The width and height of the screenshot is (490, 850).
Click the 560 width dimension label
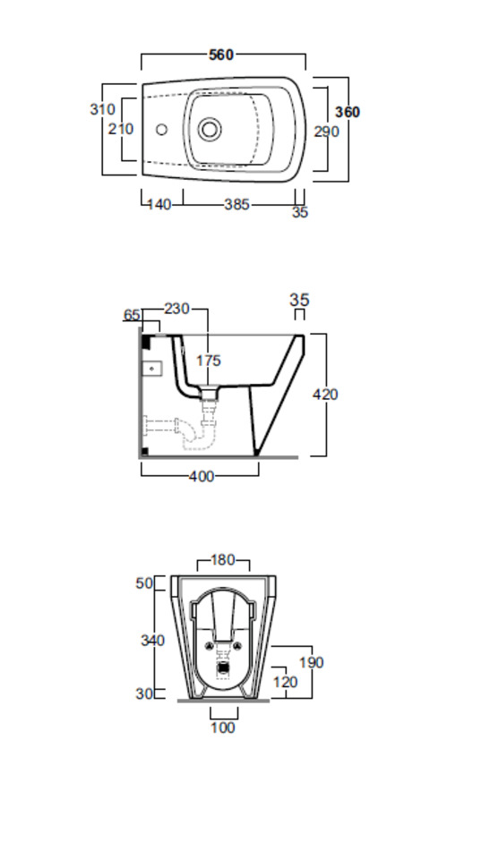221,55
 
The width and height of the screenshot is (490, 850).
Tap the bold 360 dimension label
348,112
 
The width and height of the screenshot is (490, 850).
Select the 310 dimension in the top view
102,109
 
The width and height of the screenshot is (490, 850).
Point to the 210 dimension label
120,129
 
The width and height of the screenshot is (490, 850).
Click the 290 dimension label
327,132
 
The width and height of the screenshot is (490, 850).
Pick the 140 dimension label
159,204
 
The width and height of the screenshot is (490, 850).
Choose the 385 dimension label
237,204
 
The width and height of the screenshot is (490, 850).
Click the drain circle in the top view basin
209,129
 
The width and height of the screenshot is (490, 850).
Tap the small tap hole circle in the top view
162,130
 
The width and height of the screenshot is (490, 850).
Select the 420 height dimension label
325,395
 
